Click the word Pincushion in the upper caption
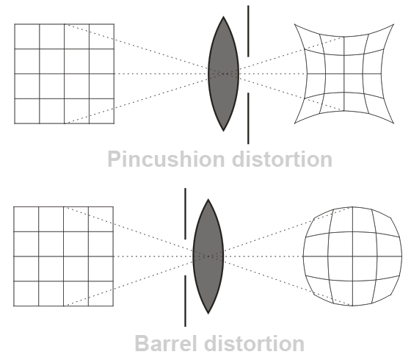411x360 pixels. (166, 159)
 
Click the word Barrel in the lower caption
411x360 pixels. (166, 344)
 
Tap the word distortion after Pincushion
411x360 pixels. (282, 159)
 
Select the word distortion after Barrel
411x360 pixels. (254, 344)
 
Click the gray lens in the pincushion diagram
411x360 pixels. (223, 73)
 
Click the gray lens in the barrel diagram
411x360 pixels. (208, 256)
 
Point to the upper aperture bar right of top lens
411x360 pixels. (248, 31)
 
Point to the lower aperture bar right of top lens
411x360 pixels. (248, 118)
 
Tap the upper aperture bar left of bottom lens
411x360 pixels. (185, 214)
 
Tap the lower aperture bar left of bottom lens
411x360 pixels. (185, 300)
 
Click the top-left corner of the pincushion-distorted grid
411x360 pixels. (294, 24)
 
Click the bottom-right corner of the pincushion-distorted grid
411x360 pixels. (393, 123)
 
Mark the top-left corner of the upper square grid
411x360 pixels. (15, 24)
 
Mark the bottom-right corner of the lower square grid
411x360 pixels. (113, 306)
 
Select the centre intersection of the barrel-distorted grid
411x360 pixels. (352, 256)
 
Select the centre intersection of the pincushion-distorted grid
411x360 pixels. (344, 73)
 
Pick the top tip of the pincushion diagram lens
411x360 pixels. (223, 16)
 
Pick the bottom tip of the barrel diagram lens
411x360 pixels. (208, 314)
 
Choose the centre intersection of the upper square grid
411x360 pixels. (65, 73)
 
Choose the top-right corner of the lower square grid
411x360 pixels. (113, 206)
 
